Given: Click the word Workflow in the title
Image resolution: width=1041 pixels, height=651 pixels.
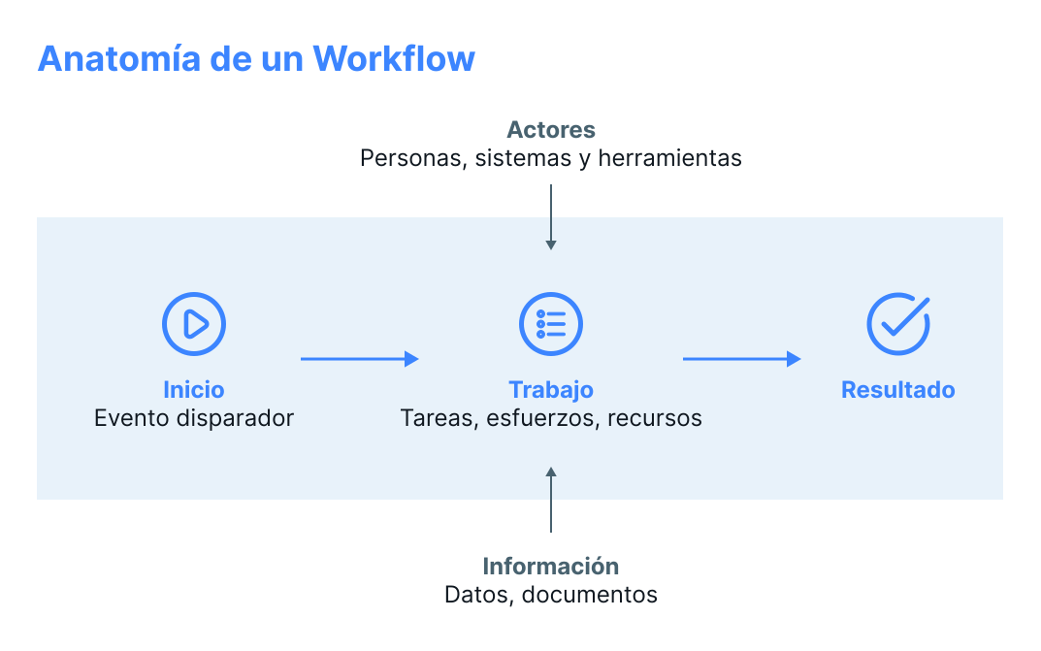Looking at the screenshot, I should point(394,58).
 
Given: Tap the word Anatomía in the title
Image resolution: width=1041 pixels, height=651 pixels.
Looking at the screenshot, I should point(119,58).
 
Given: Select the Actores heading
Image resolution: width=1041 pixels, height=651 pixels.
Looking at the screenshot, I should point(551,129).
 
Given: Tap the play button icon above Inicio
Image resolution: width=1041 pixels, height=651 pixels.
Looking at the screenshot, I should point(194,323).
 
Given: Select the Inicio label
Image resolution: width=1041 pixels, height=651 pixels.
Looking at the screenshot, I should point(194,390).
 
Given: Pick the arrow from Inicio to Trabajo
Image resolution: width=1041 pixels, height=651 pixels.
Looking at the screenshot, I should point(359,359).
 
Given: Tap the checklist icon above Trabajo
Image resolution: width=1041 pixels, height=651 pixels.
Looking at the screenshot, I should point(551,323).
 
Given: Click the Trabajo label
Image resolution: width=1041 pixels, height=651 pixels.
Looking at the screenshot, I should point(551,390).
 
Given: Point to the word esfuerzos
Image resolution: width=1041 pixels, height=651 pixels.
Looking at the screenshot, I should point(543,418).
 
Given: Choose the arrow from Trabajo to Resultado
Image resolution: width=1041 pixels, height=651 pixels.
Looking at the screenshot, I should point(741,359).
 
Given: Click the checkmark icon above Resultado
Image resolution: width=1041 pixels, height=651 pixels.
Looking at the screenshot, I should point(898,323).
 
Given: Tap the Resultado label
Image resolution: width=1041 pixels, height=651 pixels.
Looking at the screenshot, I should point(898,390).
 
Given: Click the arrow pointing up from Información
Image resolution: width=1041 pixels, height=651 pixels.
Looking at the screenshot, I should point(551,499).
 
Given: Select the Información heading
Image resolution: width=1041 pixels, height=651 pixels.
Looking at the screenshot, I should point(551,566).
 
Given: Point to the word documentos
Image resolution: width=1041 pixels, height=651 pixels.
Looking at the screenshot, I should point(590,595).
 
